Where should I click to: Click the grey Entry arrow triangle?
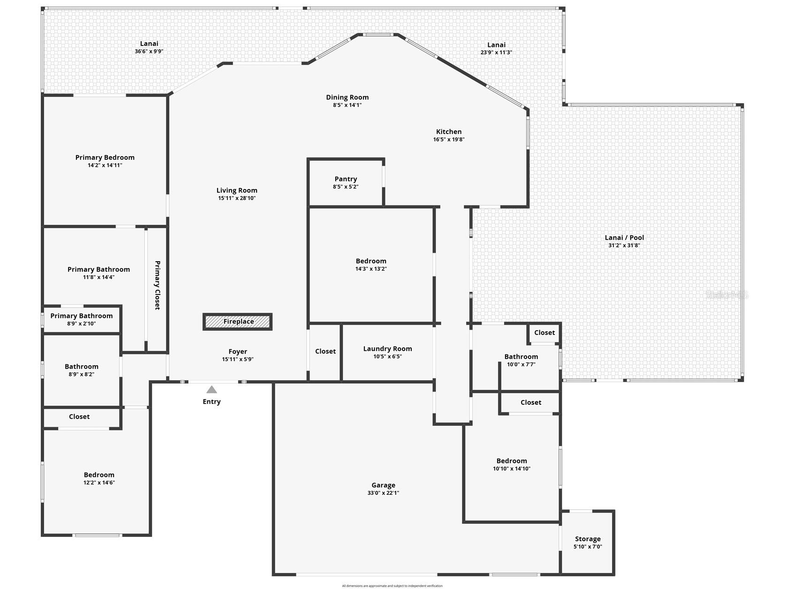[212, 390]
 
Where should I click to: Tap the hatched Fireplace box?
[238, 322]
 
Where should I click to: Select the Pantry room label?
[346, 179]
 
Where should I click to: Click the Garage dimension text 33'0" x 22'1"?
[383, 493]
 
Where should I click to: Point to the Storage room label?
[588, 539]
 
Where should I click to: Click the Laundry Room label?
[387, 349]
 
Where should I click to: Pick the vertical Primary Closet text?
[158, 285]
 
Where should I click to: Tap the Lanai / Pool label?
[624, 238]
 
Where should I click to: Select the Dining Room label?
[347, 98]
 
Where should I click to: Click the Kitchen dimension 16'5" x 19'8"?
[449, 140]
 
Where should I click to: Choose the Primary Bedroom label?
[105, 158]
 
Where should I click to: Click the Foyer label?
[238, 352]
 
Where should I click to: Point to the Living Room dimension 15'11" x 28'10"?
[237, 198]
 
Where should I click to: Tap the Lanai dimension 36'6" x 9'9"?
[149, 52]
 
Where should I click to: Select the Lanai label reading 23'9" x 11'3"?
[496, 45]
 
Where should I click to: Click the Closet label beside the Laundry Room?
[325, 351]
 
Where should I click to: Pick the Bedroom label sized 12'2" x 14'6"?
[99, 475]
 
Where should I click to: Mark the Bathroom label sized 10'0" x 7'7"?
[521, 357]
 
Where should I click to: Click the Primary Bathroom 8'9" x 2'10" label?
[82, 316]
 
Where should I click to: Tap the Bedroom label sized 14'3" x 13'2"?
[371, 261]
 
